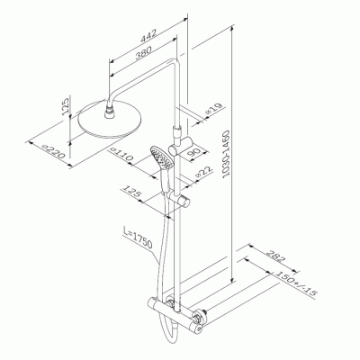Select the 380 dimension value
143,53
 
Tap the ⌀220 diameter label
53,151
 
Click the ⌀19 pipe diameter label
214,109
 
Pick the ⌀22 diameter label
203,172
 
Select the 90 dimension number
193,153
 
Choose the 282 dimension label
274,256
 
